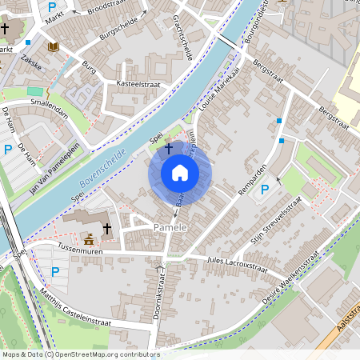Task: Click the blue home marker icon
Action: tap(180, 173)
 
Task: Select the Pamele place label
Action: tap(170, 229)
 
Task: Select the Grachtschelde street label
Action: tap(182, 39)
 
